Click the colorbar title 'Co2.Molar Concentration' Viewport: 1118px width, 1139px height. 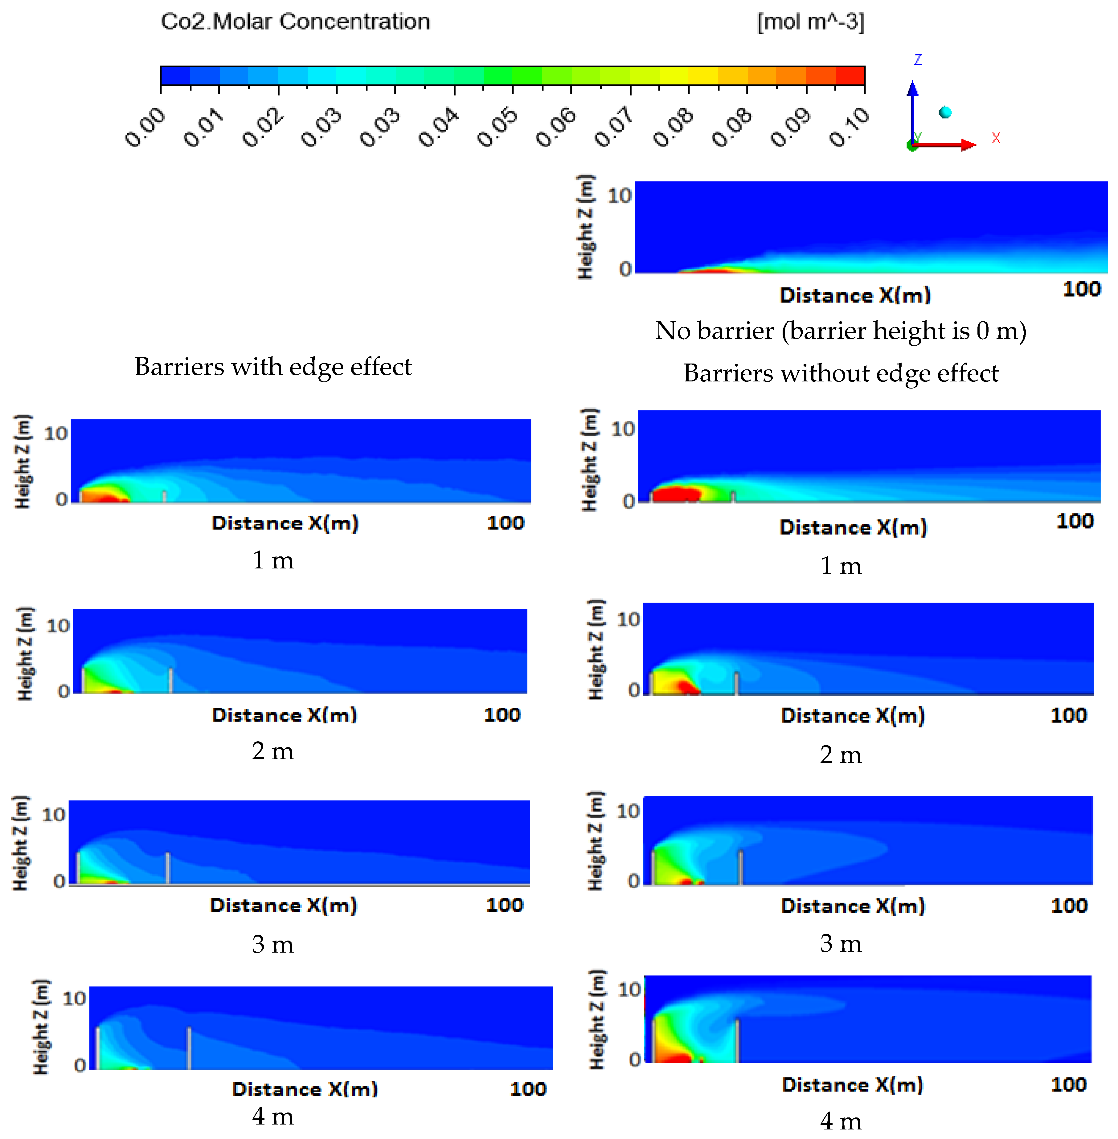click(295, 22)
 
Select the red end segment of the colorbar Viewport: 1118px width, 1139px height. click(850, 76)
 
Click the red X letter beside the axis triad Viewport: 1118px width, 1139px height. click(995, 138)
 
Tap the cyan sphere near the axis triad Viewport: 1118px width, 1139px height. click(945, 112)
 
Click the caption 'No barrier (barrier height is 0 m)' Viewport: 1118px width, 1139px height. click(840, 331)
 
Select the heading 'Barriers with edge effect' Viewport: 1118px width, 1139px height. click(273, 367)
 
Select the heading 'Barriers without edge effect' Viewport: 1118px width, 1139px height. click(840, 373)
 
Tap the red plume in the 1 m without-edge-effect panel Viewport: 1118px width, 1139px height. click(675, 494)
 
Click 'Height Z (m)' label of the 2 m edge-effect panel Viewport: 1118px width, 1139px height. click(25, 653)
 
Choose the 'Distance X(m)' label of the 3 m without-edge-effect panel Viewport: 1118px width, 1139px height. click(853, 905)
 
